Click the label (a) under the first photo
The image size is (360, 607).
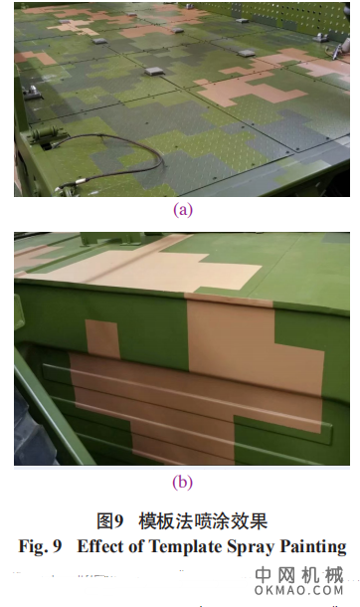click(183, 210)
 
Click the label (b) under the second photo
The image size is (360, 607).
click(183, 483)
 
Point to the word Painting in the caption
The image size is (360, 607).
click(313, 547)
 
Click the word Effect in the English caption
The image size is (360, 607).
click(100, 546)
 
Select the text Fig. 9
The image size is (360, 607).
click(40, 546)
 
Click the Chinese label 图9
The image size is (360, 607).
click(110, 521)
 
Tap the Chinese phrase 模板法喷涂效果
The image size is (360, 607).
click(203, 521)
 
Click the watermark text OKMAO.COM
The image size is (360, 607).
click(299, 590)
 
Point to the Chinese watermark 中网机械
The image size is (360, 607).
click(299, 575)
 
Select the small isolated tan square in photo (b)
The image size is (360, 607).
click(102, 338)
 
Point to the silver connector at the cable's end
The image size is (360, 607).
click(80, 181)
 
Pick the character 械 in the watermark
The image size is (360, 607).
click(334, 575)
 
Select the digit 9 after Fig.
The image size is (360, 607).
click(58, 546)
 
